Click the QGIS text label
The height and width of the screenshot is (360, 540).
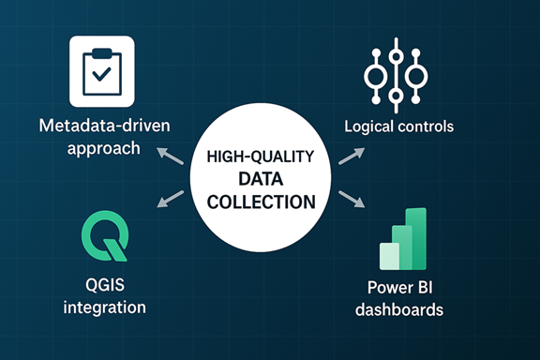pyautogui.click(x=104, y=285)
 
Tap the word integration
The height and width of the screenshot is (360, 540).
pyautogui.click(x=104, y=307)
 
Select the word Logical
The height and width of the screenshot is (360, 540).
pyautogui.click(x=370, y=126)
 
